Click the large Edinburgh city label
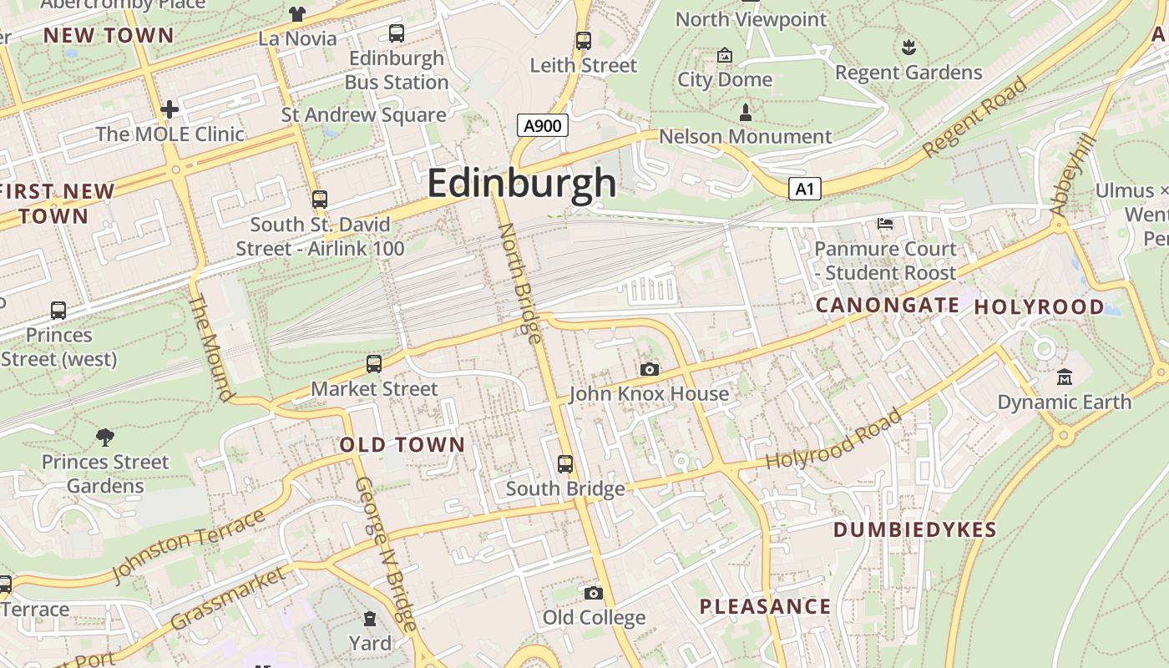point(522,183)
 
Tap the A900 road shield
point(543,126)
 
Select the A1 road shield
point(804,189)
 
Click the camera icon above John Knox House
point(650,369)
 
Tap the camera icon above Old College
point(594,593)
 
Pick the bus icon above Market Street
point(374,364)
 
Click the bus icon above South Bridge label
point(565,463)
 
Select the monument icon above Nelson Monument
point(746,111)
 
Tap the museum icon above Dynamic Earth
point(1064,377)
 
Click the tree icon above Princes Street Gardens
point(105,437)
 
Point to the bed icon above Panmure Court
point(885,223)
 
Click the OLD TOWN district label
point(402,445)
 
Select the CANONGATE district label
point(887,306)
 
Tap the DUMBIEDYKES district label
point(915,530)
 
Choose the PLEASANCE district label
point(765,607)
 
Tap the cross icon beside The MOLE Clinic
point(170,109)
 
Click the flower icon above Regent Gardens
point(908,48)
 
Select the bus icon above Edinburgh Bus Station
point(397,33)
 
